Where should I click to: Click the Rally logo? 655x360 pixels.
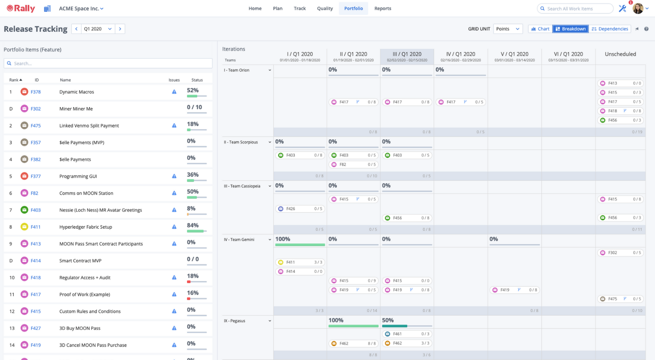coord(21,9)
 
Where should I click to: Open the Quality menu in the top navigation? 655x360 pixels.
coord(325,9)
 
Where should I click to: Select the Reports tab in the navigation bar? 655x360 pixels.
coord(382,9)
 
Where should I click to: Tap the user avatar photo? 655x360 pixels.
coord(638,8)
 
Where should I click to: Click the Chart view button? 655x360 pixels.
coord(540,29)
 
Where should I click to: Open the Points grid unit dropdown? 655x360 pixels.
coord(508,29)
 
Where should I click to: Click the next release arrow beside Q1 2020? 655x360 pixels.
coord(120,29)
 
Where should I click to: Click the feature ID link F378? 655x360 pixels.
coord(36,92)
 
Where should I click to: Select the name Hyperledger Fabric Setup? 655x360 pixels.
coord(86,227)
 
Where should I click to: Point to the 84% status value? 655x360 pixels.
coord(193,225)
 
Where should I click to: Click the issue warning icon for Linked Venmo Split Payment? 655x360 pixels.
coord(174,126)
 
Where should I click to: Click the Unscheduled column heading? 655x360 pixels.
coord(620,54)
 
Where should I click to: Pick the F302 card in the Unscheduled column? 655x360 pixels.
coord(620,253)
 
